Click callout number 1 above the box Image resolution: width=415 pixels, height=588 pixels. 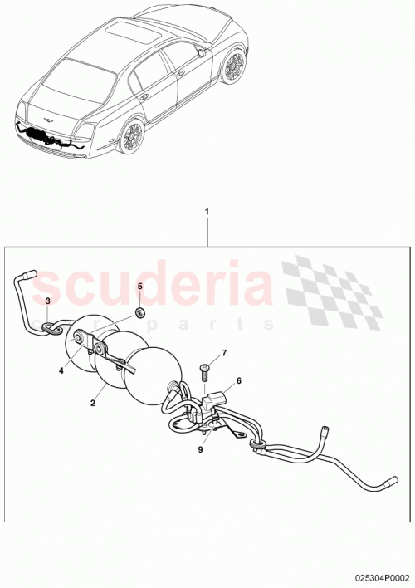tap(207, 212)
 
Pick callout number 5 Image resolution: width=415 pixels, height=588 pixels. tap(140, 287)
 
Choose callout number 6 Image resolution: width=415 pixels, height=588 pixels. tap(238, 381)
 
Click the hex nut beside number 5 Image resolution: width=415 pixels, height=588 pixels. tap(140, 311)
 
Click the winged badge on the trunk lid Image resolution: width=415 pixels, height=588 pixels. tap(47, 120)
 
